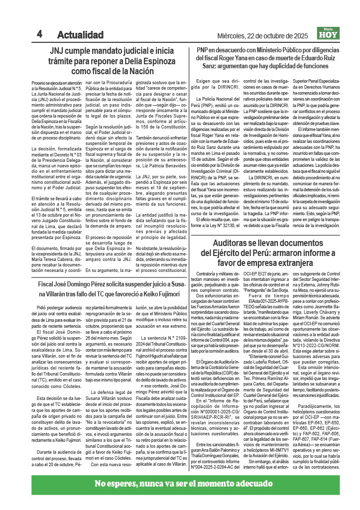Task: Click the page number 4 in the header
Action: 39,34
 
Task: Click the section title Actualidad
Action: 80,35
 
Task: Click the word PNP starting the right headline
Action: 202,51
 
